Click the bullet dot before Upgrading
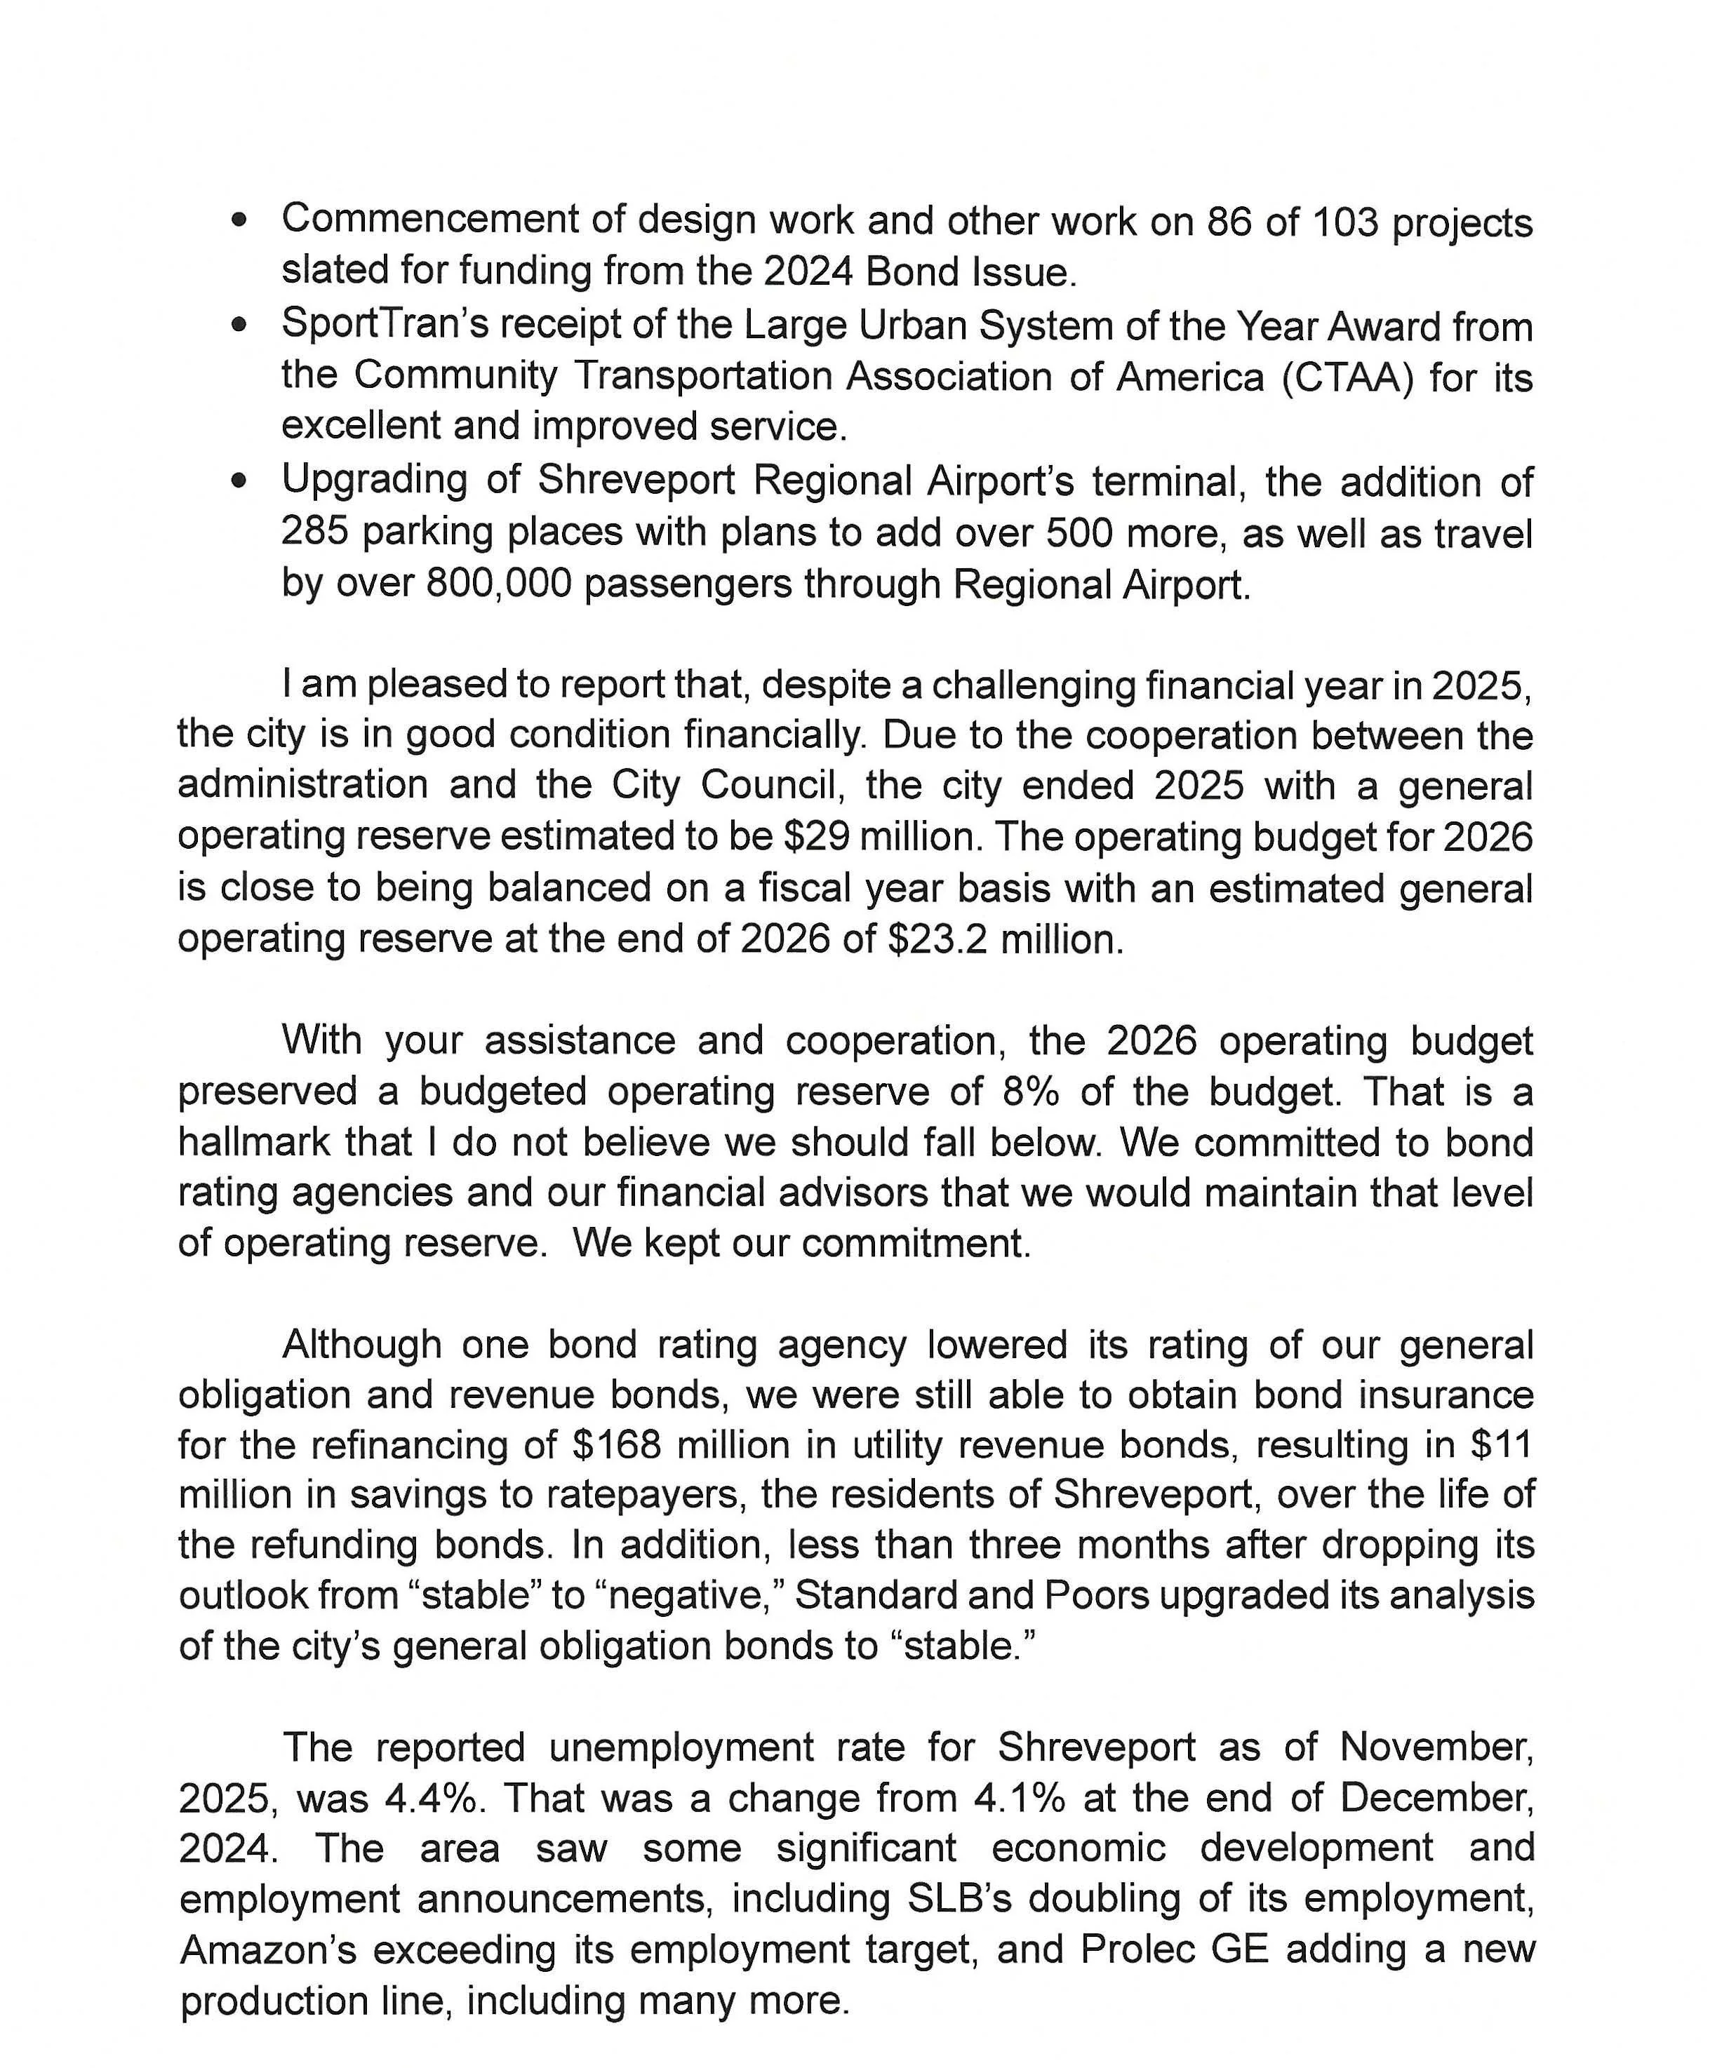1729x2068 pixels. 239,483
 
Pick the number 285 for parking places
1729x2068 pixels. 317,532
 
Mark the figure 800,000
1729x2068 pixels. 498,584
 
